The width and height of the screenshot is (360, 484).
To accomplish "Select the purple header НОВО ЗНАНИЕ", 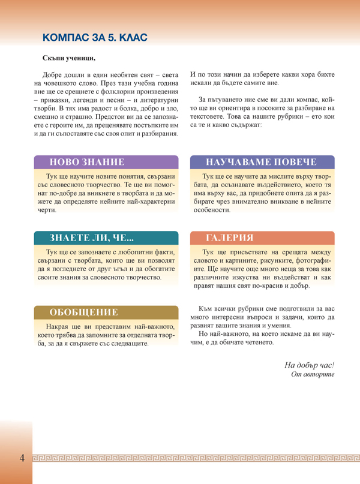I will (87, 162).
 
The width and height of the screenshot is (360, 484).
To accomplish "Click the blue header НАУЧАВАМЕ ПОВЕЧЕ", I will (261, 162).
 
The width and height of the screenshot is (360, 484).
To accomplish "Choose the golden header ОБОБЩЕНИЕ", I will (83, 312).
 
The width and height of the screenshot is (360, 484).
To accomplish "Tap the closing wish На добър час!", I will (309, 365).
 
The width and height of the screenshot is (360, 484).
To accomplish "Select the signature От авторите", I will (312, 374).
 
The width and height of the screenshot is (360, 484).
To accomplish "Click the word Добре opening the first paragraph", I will (56, 73).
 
